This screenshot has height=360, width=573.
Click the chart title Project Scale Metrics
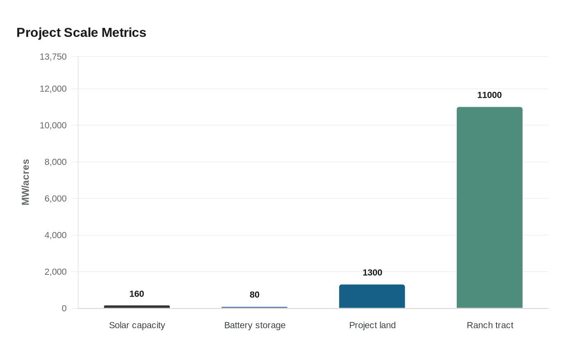pyautogui.click(x=81, y=32)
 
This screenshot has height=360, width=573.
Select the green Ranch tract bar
pyautogui.click(x=490, y=207)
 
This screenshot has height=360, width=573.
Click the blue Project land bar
pyautogui.click(x=372, y=296)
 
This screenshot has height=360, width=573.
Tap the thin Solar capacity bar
pyautogui.click(x=137, y=306)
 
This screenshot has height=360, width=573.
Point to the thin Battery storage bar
pyautogui.click(x=255, y=307)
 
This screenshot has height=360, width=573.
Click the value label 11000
pyautogui.click(x=490, y=95)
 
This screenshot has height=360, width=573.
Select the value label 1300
pyautogui.click(x=372, y=272)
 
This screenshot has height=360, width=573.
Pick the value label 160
pyautogui.click(x=137, y=294)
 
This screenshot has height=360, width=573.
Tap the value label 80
pyautogui.click(x=255, y=295)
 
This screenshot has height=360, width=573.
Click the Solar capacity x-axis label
pyautogui.click(x=137, y=325)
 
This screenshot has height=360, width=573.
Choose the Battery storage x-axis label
pyautogui.click(x=255, y=325)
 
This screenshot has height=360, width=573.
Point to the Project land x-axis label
pyautogui.click(x=372, y=325)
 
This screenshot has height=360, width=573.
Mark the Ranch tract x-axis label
pyautogui.click(x=490, y=325)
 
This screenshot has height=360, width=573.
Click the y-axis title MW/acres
pyautogui.click(x=26, y=182)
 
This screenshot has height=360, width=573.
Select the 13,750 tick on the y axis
pyautogui.click(x=53, y=56)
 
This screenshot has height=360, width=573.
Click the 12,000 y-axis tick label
pyautogui.click(x=53, y=89)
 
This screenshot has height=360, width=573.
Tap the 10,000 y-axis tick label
pyautogui.click(x=53, y=125)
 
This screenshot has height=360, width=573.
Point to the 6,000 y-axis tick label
pyautogui.click(x=56, y=198)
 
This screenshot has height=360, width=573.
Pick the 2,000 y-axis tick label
pyautogui.click(x=56, y=272)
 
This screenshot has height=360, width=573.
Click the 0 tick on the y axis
pyautogui.click(x=64, y=308)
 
